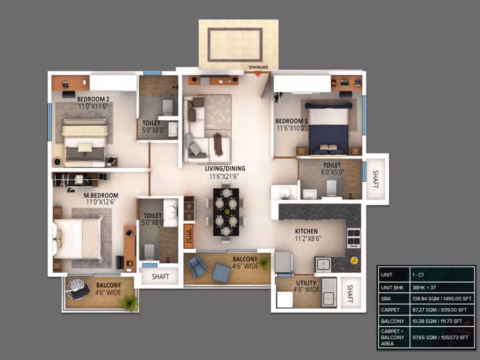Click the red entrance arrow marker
[258, 74]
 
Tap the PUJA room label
[189, 236]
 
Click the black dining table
[226, 212]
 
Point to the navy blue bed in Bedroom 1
[329, 129]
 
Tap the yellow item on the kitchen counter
[354, 261]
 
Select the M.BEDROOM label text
[101, 195]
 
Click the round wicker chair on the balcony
[78, 289]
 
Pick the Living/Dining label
[225, 168]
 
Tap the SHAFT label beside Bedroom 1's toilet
[376, 179]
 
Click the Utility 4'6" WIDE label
[306, 286]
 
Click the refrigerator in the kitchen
[283, 262]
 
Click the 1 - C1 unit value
[418, 275]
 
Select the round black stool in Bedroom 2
[57, 161]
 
